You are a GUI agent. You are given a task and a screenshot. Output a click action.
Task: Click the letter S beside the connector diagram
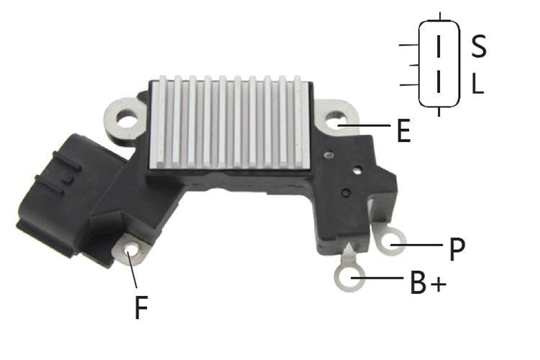click(x=479, y=46)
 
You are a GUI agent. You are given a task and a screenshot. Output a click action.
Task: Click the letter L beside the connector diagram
click(x=477, y=84)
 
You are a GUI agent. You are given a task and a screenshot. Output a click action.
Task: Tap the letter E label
click(x=404, y=130)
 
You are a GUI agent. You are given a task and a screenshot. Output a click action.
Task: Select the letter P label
click(x=457, y=249)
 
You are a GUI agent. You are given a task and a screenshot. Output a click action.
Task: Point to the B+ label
click(x=428, y=282)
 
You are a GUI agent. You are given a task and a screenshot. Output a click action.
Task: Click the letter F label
click(x=141, y=307)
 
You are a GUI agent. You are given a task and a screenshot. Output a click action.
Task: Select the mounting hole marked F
click(x=131, y=248)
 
